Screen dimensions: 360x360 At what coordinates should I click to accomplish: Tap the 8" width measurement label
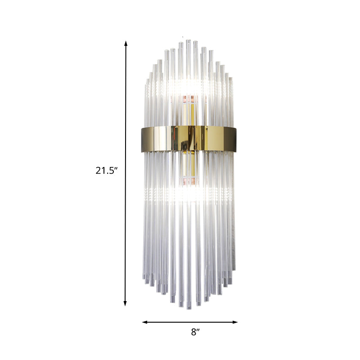194,333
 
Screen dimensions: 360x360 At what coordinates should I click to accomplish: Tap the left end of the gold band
141,138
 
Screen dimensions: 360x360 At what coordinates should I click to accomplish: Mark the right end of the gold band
235,138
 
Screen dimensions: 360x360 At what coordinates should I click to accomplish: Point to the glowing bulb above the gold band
188,85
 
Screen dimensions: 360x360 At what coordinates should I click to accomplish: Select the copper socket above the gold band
188,98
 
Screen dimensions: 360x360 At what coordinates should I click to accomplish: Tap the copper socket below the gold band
188,181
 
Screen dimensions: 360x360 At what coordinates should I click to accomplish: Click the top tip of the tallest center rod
188,41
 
